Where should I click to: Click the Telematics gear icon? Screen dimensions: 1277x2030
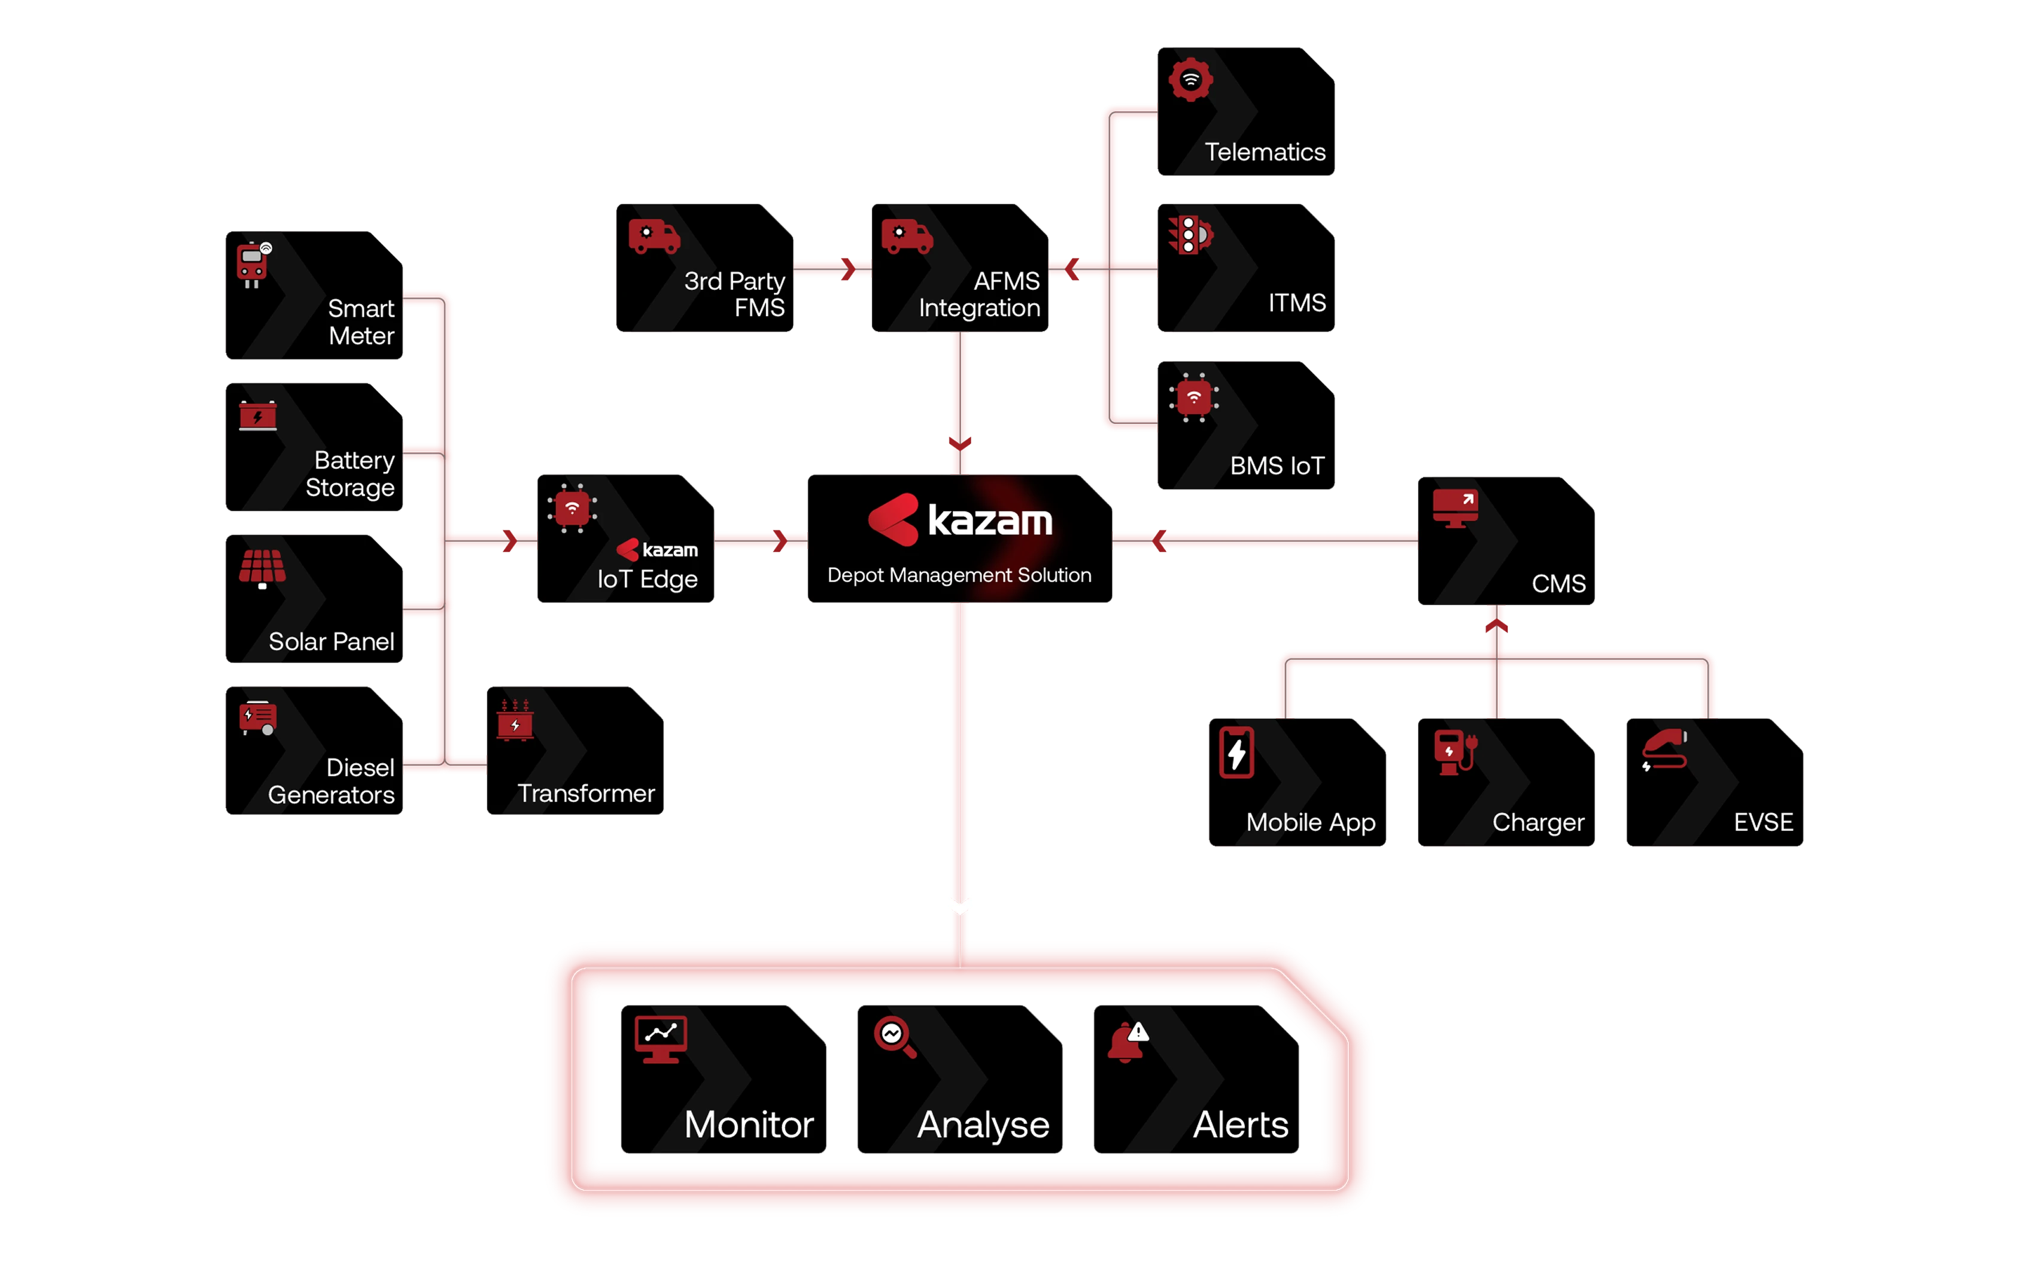point(1190,80)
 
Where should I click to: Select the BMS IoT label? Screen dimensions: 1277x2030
point(1277,465)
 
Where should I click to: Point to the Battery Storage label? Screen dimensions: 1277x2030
point(351,473)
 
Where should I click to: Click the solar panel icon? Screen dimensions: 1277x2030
point(262,568)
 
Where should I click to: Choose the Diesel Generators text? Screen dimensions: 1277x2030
point(332,781)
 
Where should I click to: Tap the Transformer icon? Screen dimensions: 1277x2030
point(515,721)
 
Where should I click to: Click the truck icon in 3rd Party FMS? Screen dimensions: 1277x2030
point(654,237)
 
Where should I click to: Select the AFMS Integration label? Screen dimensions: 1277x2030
point(980,293)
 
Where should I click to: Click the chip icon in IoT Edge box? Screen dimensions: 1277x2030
point(572,509)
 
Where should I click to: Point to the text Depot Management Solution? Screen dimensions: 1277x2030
point(959,575)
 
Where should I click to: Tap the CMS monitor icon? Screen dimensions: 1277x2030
point(1455,508)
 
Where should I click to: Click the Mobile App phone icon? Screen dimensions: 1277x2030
point(1236,752)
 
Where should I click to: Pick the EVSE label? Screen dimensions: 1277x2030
point(1762,822)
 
